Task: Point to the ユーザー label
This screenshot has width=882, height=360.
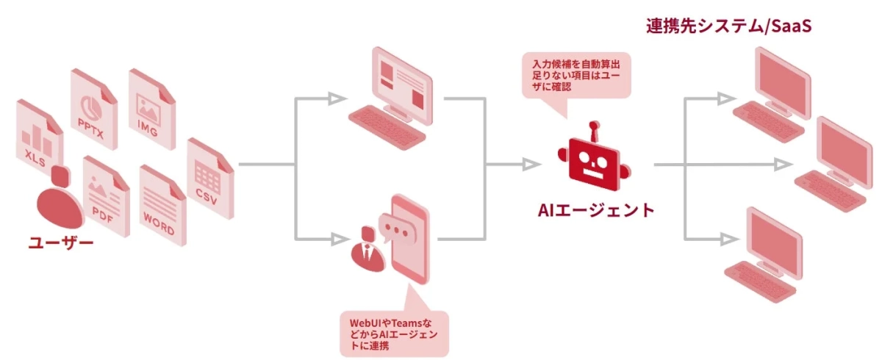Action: click(x=60, y=241)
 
